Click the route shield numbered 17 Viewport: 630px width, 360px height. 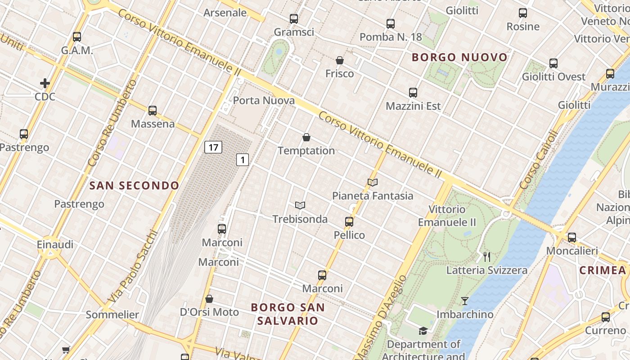click(x=213, y=147)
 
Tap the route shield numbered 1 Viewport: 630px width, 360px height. click(x=243, y=159)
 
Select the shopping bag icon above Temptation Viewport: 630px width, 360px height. click(x=306, y=137)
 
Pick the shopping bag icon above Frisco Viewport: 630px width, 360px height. click(x=340, y=60)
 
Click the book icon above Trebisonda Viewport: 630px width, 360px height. click(x=300, y=206)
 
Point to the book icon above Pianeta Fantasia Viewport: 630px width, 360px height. click(x=372, y=182)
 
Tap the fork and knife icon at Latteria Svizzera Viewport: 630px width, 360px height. click(x=486, y=257)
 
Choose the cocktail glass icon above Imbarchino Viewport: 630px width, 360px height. click(x=465, y=301)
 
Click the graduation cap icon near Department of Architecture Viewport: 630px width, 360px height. click(x=423, y=331)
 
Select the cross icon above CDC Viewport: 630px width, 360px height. click(x=45, y=83)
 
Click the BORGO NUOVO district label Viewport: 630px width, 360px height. click(x=459, y=58)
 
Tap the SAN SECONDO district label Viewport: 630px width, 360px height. click(x=134, y=185)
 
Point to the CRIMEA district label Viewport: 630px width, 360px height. click(x=603, y=270)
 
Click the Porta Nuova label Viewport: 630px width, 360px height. click(x=264, y=100)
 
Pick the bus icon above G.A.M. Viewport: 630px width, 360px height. click(x=77, y=37)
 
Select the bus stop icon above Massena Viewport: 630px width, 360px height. click(x=153, y=110)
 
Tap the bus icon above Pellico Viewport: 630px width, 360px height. click(x=349, y=221)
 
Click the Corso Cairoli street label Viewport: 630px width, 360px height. click(x=539, y=160)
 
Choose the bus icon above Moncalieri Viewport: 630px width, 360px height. click(x=572, y=237)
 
